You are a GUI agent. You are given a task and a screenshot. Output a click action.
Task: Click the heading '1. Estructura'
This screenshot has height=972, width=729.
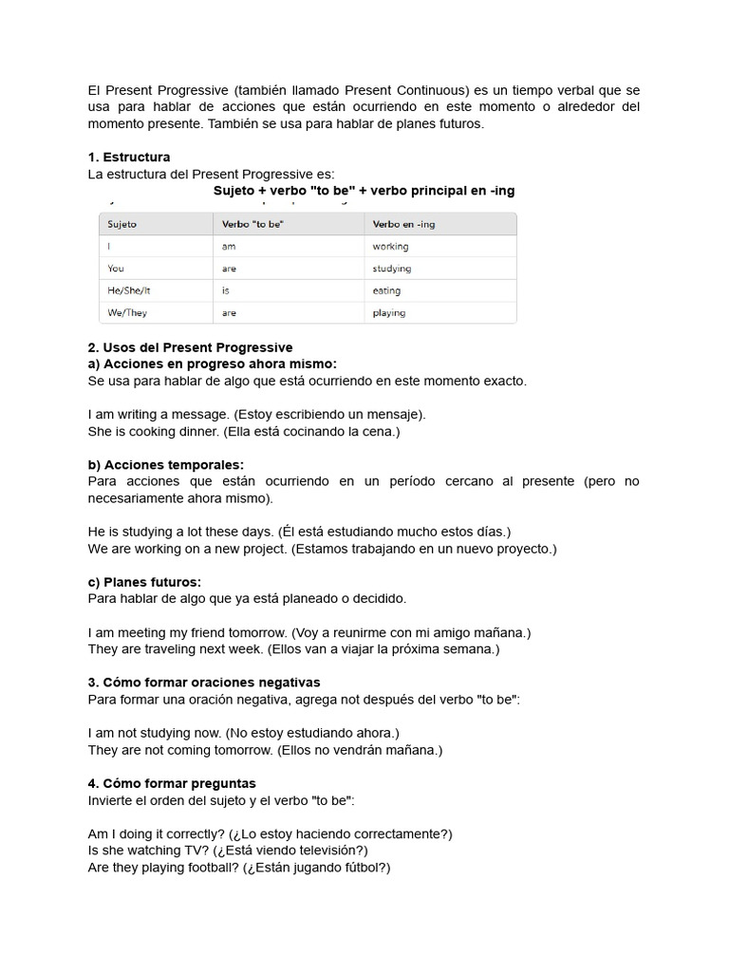129,157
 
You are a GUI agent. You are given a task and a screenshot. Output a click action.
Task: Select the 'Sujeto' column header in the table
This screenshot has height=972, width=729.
122,224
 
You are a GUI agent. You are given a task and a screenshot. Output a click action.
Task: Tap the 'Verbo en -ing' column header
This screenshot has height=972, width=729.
403,224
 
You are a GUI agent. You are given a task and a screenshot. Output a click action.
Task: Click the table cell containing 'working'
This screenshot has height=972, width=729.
390,246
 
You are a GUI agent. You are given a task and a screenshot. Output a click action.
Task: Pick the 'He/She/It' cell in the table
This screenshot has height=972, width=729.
129,290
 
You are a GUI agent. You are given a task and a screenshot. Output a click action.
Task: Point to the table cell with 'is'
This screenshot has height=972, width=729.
226,290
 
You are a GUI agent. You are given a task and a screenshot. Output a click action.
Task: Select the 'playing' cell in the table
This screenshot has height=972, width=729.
388,312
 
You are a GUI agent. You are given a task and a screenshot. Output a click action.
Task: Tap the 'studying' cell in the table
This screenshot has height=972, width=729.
392,269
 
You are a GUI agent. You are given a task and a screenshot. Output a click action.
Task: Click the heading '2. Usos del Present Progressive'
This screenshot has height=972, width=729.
190,347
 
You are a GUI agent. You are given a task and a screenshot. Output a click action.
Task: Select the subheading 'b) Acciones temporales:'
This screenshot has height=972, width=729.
165,464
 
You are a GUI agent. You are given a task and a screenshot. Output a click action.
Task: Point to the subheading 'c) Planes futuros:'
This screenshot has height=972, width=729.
144,582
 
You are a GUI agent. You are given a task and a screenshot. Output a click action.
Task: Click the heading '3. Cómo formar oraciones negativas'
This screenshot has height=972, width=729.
204,682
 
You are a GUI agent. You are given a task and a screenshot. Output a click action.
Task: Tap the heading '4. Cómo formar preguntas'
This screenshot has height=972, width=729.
172,784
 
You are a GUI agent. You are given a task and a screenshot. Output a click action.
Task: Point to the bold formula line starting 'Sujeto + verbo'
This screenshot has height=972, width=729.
364,191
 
